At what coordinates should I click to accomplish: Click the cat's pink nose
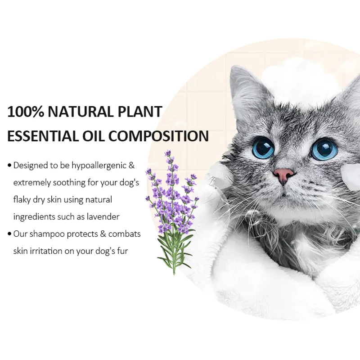click(x=283, y=174)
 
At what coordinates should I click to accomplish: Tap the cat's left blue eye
click(x=263, y=148)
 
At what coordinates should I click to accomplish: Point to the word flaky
click(x=23, y=200)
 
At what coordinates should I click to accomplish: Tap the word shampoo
click(x=48, y=234)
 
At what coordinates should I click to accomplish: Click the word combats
click(x=124, y=234)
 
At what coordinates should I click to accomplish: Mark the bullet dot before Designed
click(x=9, y=166)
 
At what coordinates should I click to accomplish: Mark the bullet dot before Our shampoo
click(x=9, y=234)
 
